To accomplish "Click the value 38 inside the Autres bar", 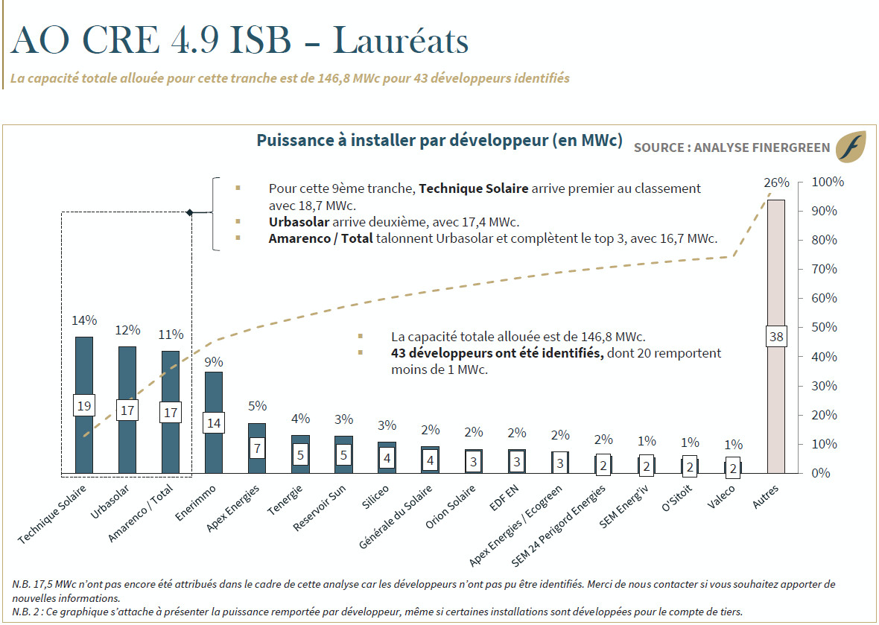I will pyautogui.click(x=776, y=337).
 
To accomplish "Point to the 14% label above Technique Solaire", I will pyautogui.click(x=84, y=320).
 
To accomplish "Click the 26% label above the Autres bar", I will pyautogui.click(x=776, y=183).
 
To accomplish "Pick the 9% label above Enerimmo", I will pyautogui.click(x=213, y=362).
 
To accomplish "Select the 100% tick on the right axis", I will pyautogui.click(x=827, y=183).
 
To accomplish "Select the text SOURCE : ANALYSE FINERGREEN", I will pyautogui.click(x=732, y=147).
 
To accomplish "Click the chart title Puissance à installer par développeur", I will pyautogui.click(x=439, y=141).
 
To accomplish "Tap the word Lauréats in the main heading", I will pyautogui.click(x=400, y=41).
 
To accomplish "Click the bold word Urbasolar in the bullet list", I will pyautogui.click(x=299, y=222).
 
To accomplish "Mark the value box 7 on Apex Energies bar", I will pyautogui.click(x=256, y=448).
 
